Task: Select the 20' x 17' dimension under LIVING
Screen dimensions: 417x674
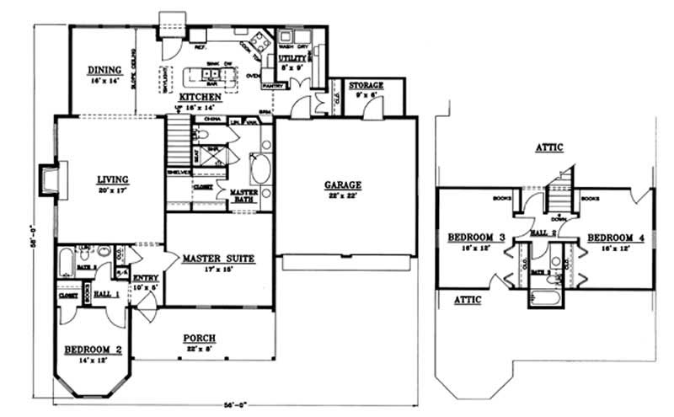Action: coord(111,190)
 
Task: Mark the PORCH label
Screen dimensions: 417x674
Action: coord(203,339)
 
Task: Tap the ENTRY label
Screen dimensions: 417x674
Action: coord(146,278)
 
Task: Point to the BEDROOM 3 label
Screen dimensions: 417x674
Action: coord(476,238)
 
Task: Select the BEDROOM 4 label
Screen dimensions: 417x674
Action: coord(616,238)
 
